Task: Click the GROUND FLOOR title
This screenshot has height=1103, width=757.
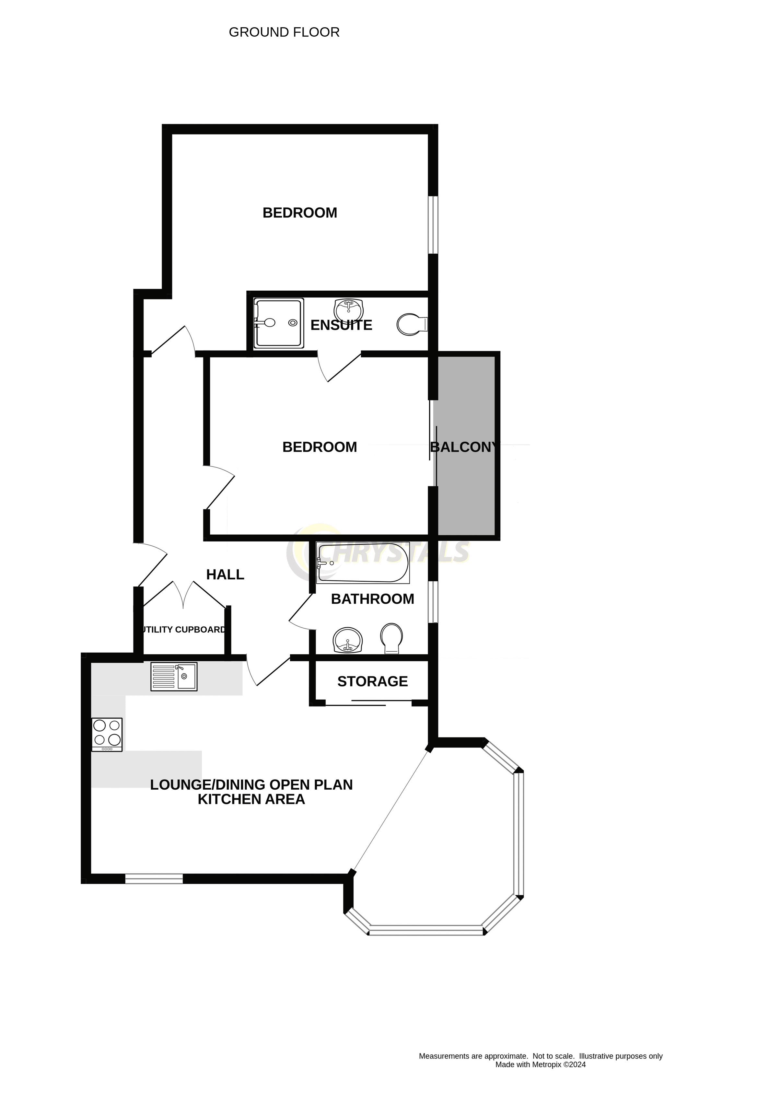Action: [284, 32]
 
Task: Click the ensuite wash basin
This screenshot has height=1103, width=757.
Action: [348, 310]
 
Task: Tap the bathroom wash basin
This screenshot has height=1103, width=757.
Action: [348, 640]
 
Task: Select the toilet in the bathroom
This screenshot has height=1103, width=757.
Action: [391, 638]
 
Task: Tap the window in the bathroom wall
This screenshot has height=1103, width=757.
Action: [433, 602]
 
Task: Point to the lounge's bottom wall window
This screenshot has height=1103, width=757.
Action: [154, 878]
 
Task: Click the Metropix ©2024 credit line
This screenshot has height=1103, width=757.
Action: [540, 1064]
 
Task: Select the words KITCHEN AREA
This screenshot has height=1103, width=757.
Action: [251, 799]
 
